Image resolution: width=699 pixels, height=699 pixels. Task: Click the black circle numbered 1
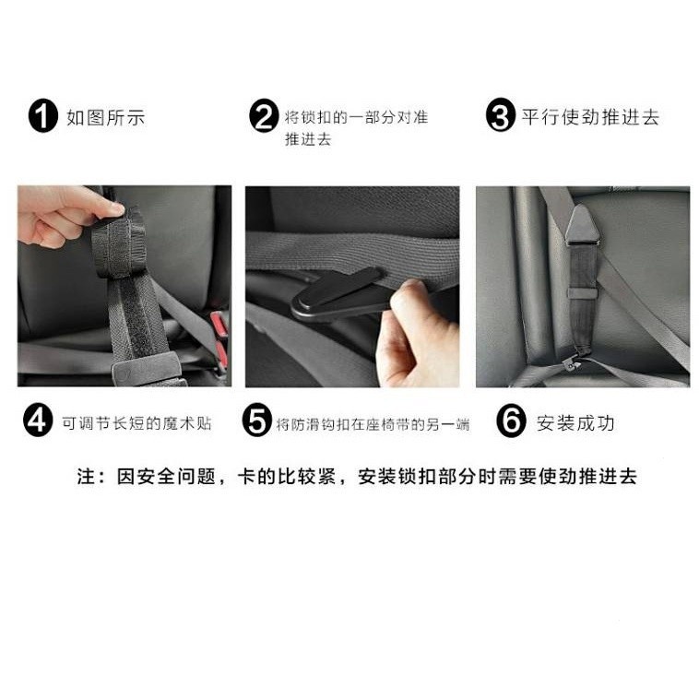point(43,116)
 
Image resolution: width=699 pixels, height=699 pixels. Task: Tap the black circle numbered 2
point(264,116)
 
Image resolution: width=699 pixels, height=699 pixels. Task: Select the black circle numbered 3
point(501,115)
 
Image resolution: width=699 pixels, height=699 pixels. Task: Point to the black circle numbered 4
point(38,420)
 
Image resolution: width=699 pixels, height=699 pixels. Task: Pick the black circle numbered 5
point(257,420)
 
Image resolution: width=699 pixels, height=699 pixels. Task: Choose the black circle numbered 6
point(511,421)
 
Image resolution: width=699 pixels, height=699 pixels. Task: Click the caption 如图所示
point(106,118)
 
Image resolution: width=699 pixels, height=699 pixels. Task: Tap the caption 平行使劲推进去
point(590,117)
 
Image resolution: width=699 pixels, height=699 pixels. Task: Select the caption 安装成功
point(575,423)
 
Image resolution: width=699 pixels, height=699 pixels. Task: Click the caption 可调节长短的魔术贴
point(136,423)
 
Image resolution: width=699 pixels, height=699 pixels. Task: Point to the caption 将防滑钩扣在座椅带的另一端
point(373,424)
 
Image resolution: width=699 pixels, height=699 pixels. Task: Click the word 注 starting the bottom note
point(86,476)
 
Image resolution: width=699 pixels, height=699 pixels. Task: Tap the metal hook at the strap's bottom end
point(572,362)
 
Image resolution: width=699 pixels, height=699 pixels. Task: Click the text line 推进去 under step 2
point(308,139)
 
